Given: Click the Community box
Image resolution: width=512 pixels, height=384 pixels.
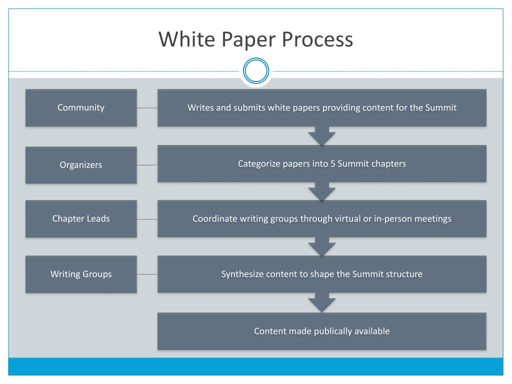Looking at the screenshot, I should tap(81, 107).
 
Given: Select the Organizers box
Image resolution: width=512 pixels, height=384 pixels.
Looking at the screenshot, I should tap(81, 165).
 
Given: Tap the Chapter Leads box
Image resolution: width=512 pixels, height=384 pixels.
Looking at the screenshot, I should tap(81, 218).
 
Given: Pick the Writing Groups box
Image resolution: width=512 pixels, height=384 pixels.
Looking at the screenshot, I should tap(81, 274).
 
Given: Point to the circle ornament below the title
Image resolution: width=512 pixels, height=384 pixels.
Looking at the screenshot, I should tap(255, 71).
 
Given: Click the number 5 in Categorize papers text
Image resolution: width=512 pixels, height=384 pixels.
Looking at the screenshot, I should tap(332, 163).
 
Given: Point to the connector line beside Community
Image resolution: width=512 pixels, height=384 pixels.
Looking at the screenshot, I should tap(147, 107).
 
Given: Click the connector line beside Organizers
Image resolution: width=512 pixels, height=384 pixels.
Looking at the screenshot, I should tap(147, 165).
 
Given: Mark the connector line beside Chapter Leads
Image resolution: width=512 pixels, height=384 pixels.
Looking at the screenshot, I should tap(147, 219).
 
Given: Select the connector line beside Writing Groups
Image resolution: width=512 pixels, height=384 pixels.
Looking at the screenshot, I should tap(147, 274).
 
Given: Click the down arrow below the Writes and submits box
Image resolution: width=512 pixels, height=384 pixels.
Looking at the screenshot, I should tap(321, 135).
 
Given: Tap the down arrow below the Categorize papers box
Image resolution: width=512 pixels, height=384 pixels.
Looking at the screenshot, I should tap(321, 191).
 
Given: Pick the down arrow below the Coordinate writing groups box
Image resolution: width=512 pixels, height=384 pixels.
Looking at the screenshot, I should tap(321, 246).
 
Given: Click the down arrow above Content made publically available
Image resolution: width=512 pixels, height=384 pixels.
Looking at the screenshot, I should tap(321, 303).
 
